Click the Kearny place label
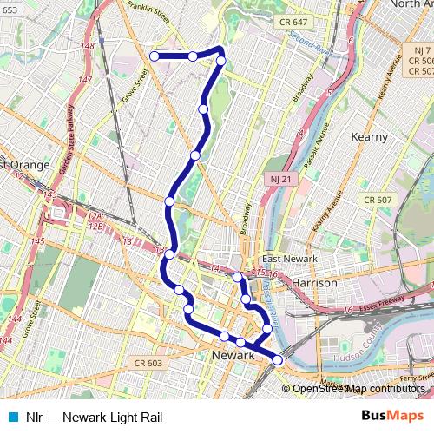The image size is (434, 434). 373,137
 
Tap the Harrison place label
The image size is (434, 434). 314,283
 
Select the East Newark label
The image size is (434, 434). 290,259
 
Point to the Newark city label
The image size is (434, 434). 233,356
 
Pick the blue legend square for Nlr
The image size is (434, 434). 11,416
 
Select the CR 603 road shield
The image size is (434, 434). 148,363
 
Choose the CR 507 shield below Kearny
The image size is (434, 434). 379,200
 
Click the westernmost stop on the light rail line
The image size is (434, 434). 155,56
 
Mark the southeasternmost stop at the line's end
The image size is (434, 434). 278,359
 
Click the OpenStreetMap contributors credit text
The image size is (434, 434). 358,389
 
